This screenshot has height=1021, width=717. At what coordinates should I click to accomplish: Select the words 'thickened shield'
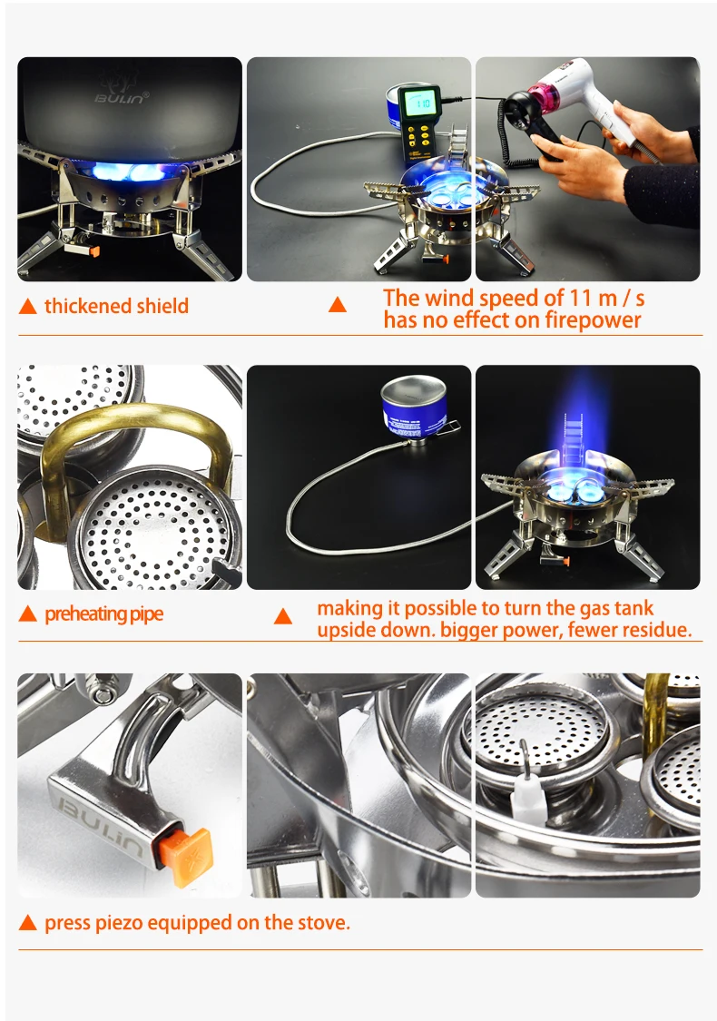click(116, 306)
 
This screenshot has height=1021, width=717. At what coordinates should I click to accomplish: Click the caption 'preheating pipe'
click(103, 614)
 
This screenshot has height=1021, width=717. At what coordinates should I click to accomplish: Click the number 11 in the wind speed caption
click(555, 298)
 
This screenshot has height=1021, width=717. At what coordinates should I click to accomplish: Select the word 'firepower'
click(589, 319)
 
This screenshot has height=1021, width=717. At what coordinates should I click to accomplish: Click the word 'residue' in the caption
click(656, 630)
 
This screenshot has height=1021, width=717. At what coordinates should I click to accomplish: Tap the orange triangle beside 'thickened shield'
click(28, 307)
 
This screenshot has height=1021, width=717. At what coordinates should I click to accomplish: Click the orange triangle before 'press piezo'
click(28, 924)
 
